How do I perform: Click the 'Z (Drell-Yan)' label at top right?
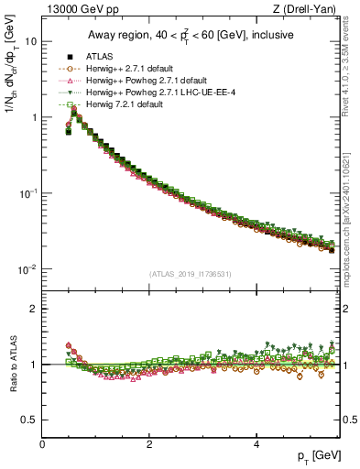(x=309, y=10)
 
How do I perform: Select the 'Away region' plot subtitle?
(x=191, y=36)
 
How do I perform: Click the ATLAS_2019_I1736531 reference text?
(x=191, y=274)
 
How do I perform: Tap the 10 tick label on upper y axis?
(x=30, y=42)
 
